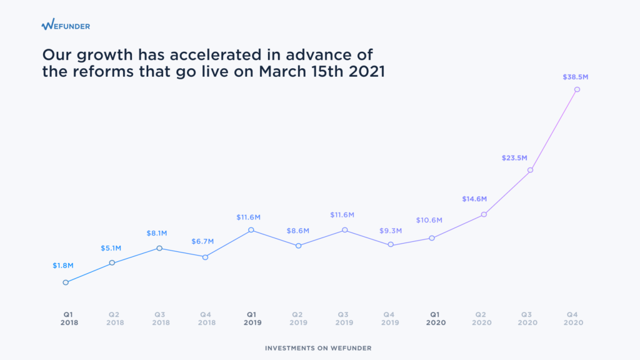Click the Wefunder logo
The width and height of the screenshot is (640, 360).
pyautogui.click(x=66, y=24)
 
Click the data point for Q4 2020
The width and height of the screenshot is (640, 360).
pyautogui.click(x=577, y=89)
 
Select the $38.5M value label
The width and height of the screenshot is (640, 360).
pyautogui.click(x=576, y=77)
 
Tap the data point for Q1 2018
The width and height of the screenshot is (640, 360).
pyautogui.click(x=66, y=282)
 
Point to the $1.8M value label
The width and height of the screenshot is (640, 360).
pyautogui.click(x=63, y=266)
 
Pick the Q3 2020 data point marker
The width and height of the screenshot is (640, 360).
pyautogui.click(x=530, y=170)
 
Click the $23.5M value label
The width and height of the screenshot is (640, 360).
pyautogui.click(x=514, y=158)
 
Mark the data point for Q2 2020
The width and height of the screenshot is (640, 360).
pyautogui.click(x=484, y=214)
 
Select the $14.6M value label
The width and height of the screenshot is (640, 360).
pyautogui.click(x=474, y=199)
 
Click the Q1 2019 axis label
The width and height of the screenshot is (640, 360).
pyautogui.click(x=252, y=318)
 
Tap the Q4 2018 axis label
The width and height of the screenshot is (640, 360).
pyautogui.click(x=206, y=318)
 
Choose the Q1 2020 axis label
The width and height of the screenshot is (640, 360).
pyautogui.click(x=436, y=318)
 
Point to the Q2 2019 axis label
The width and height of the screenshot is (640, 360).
pyautogui.click(x=298, y=318)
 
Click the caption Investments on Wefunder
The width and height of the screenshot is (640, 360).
pyautogui.click(x=318, y=348)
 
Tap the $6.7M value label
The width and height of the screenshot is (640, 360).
pyautogui.click(x=202, y=242)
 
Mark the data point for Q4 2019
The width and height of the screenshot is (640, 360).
pyautogui.click(x=391, y=244)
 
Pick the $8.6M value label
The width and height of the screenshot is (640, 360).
pyautogui.click(x=298, y=231)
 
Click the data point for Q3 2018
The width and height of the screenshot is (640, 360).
pyautogui.click(x=159, y=248)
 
